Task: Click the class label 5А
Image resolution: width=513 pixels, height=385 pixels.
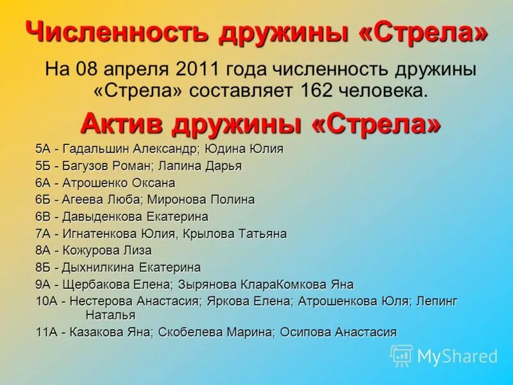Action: pos(43,149)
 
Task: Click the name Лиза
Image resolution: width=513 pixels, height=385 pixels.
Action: pos(139,250)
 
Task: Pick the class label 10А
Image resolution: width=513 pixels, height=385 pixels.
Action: pos(47,301)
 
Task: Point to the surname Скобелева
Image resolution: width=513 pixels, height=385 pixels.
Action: pos(187,332)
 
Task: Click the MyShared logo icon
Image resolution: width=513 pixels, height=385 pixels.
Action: pos(401,355)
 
